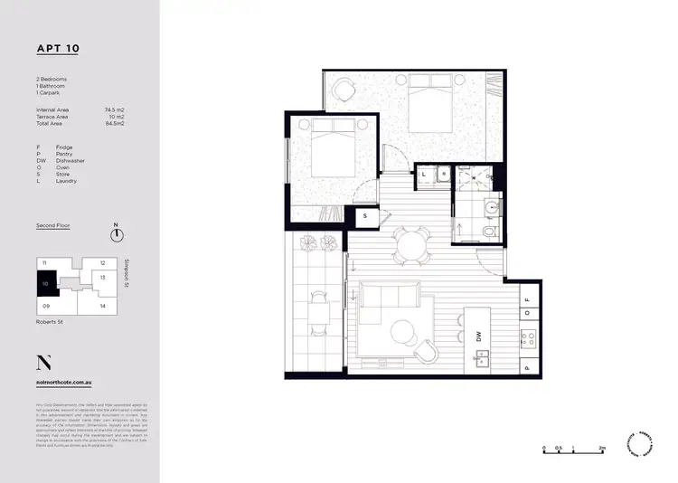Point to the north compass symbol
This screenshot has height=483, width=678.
click(x=116, y=234)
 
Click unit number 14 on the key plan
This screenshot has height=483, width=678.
click(x=103, y=306)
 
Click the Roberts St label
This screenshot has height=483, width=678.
click(x=50, y=321)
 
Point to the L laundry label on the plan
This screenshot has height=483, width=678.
click(x=424, y=175)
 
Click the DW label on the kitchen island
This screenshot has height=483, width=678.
click(x=476, y=337)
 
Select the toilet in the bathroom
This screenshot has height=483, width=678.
click(x=489, y=232)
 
